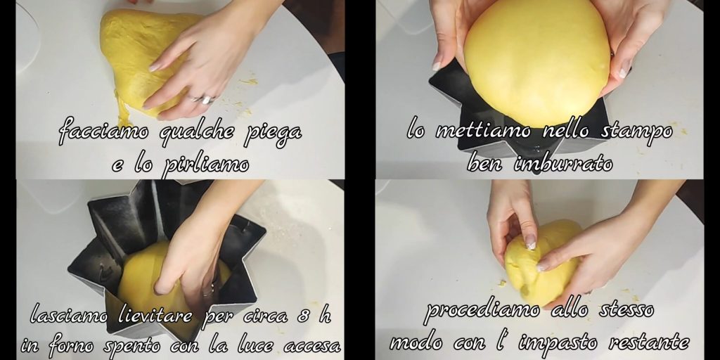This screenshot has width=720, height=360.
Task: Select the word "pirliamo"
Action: (205, 164)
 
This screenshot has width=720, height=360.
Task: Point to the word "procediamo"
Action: (482, 311)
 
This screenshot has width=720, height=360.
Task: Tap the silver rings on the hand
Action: (202, 98)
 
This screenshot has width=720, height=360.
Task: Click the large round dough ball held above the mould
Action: (536, 61)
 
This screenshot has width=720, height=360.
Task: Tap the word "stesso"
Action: (626, 310)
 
